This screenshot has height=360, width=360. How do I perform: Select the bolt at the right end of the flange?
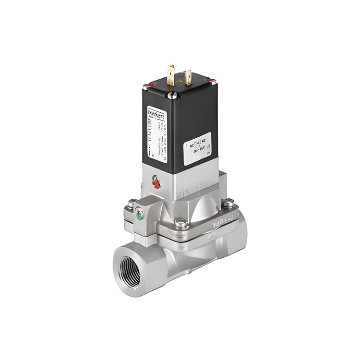(x=229, y=204)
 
